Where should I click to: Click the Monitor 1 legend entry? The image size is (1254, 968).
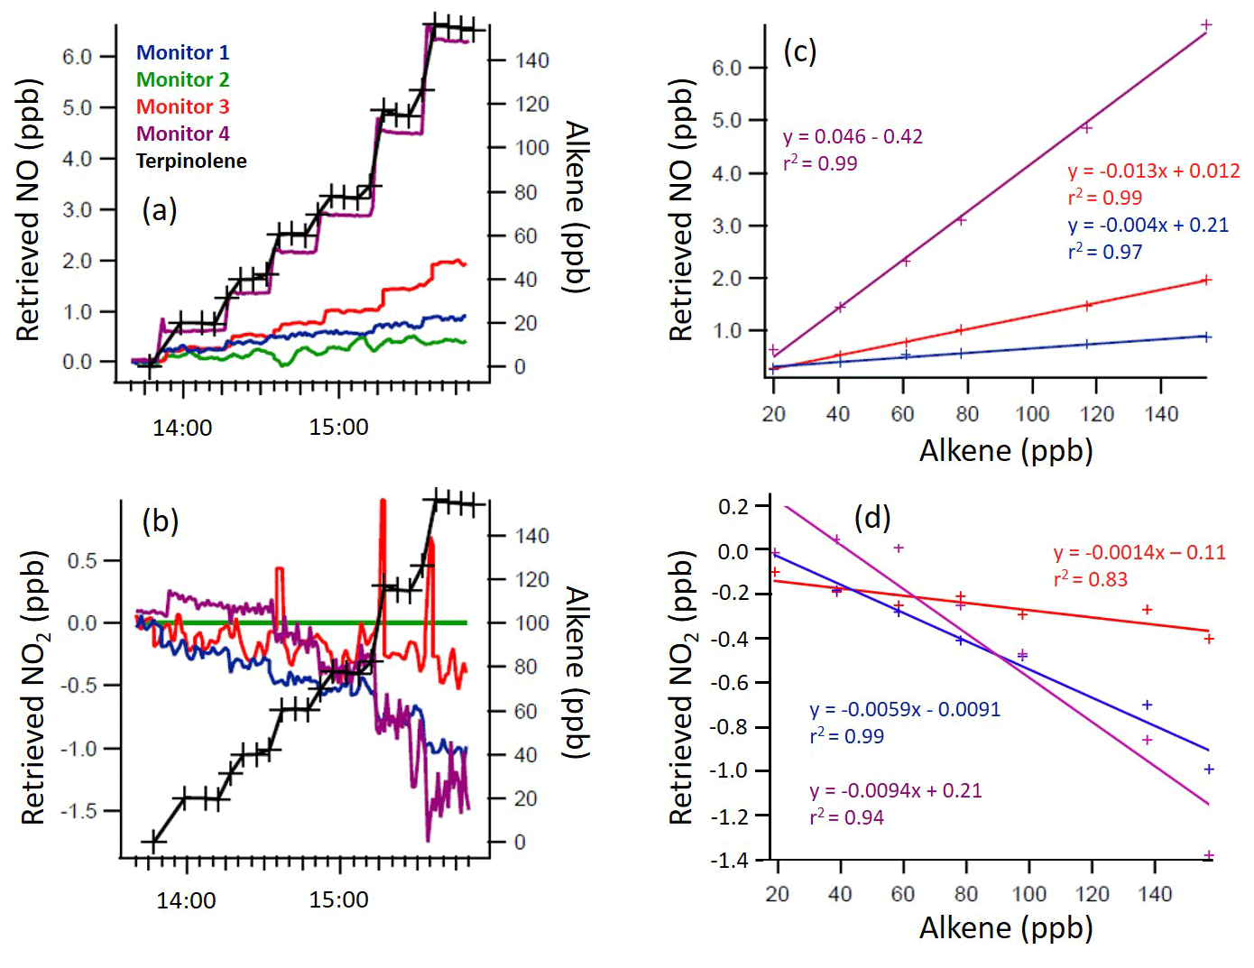[x=182, y=52]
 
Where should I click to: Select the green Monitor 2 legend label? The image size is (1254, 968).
[x=182, y=79]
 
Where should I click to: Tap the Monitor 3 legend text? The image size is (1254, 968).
[x=182, y=106]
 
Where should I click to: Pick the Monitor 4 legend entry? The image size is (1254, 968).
[x=182, y=134]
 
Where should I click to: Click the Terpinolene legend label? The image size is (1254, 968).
[x=191, y=161]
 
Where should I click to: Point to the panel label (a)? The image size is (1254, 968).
[x=159, y=210]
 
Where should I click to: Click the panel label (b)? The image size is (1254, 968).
[x=160, y=521]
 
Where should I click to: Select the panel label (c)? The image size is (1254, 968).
[x=799, y=51]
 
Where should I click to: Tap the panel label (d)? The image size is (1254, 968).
[x=872, y=517]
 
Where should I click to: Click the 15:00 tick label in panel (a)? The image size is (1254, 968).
[x=338, y=427]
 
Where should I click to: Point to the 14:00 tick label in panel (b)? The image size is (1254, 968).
[x=186, y=899]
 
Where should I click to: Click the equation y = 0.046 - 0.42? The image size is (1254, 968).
[x=853, y=136]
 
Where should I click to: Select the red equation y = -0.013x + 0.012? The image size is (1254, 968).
[x=1154, y=171]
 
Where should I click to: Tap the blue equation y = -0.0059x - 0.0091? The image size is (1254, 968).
[x=905, y=709]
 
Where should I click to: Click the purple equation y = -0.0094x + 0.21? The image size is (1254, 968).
[x=895, y=790]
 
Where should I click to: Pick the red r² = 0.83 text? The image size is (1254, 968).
[x=1091, y=579]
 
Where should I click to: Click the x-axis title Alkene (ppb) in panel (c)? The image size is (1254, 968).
[x=1006, y=449]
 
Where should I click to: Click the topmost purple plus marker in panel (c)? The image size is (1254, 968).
[x=1206, y=25]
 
